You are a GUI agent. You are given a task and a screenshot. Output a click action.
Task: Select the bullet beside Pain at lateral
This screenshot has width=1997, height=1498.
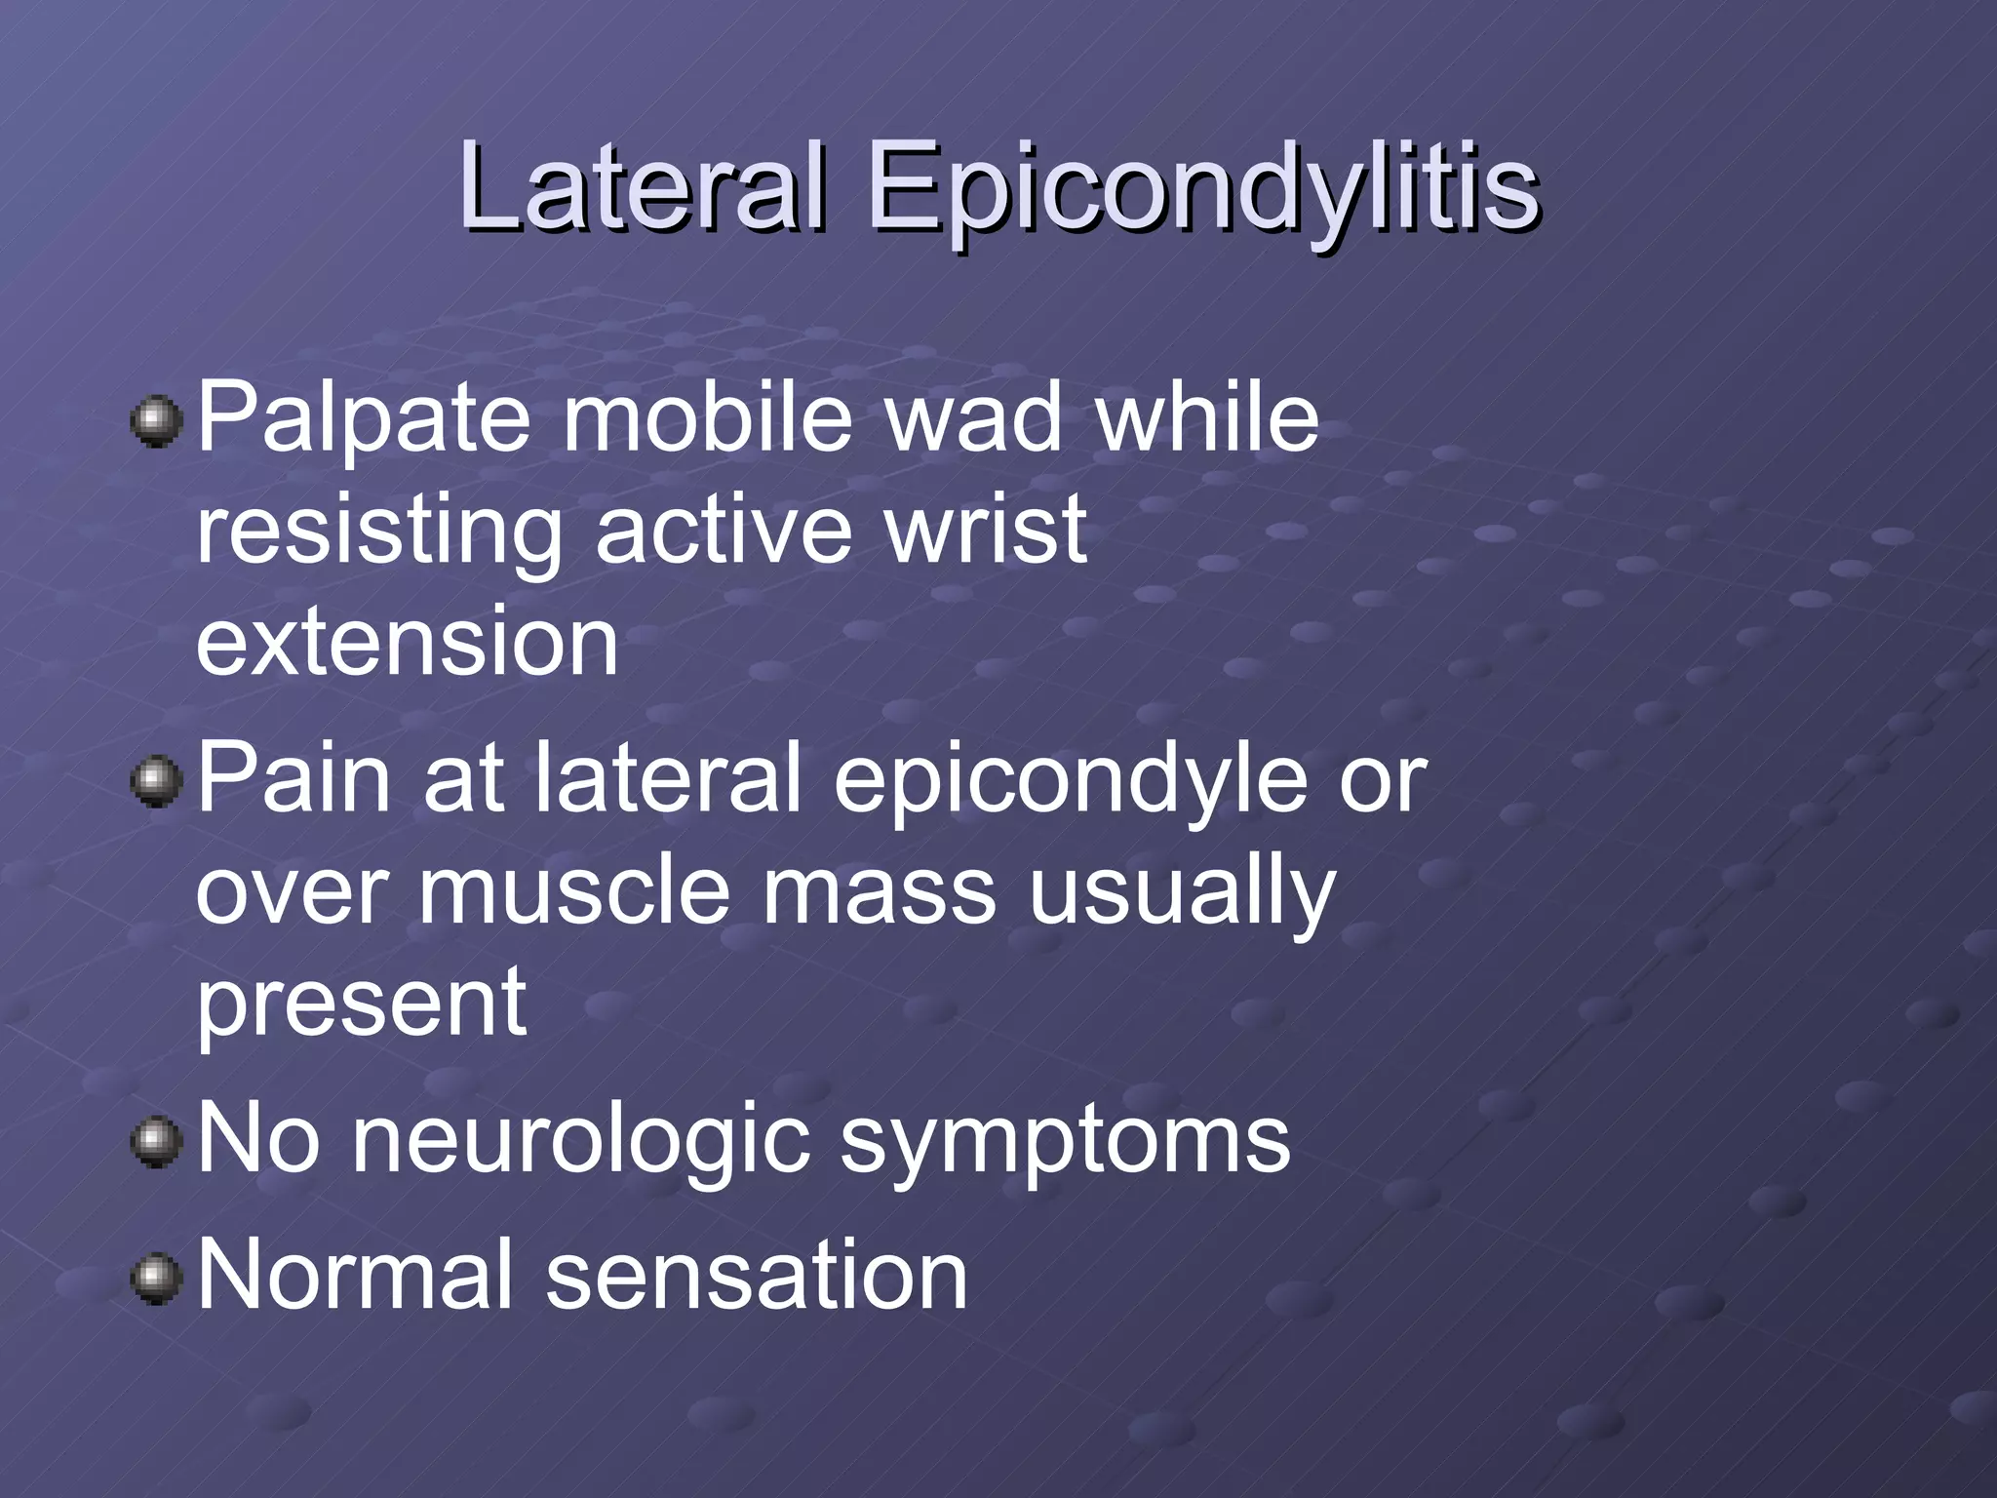pos(156,783)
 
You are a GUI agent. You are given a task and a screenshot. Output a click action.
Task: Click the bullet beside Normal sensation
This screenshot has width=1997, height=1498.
pos(156,1279)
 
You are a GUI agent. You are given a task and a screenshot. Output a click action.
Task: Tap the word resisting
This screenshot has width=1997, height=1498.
pos(379,532)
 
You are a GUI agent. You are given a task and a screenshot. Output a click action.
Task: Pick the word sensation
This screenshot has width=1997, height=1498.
pos(757,1275)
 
